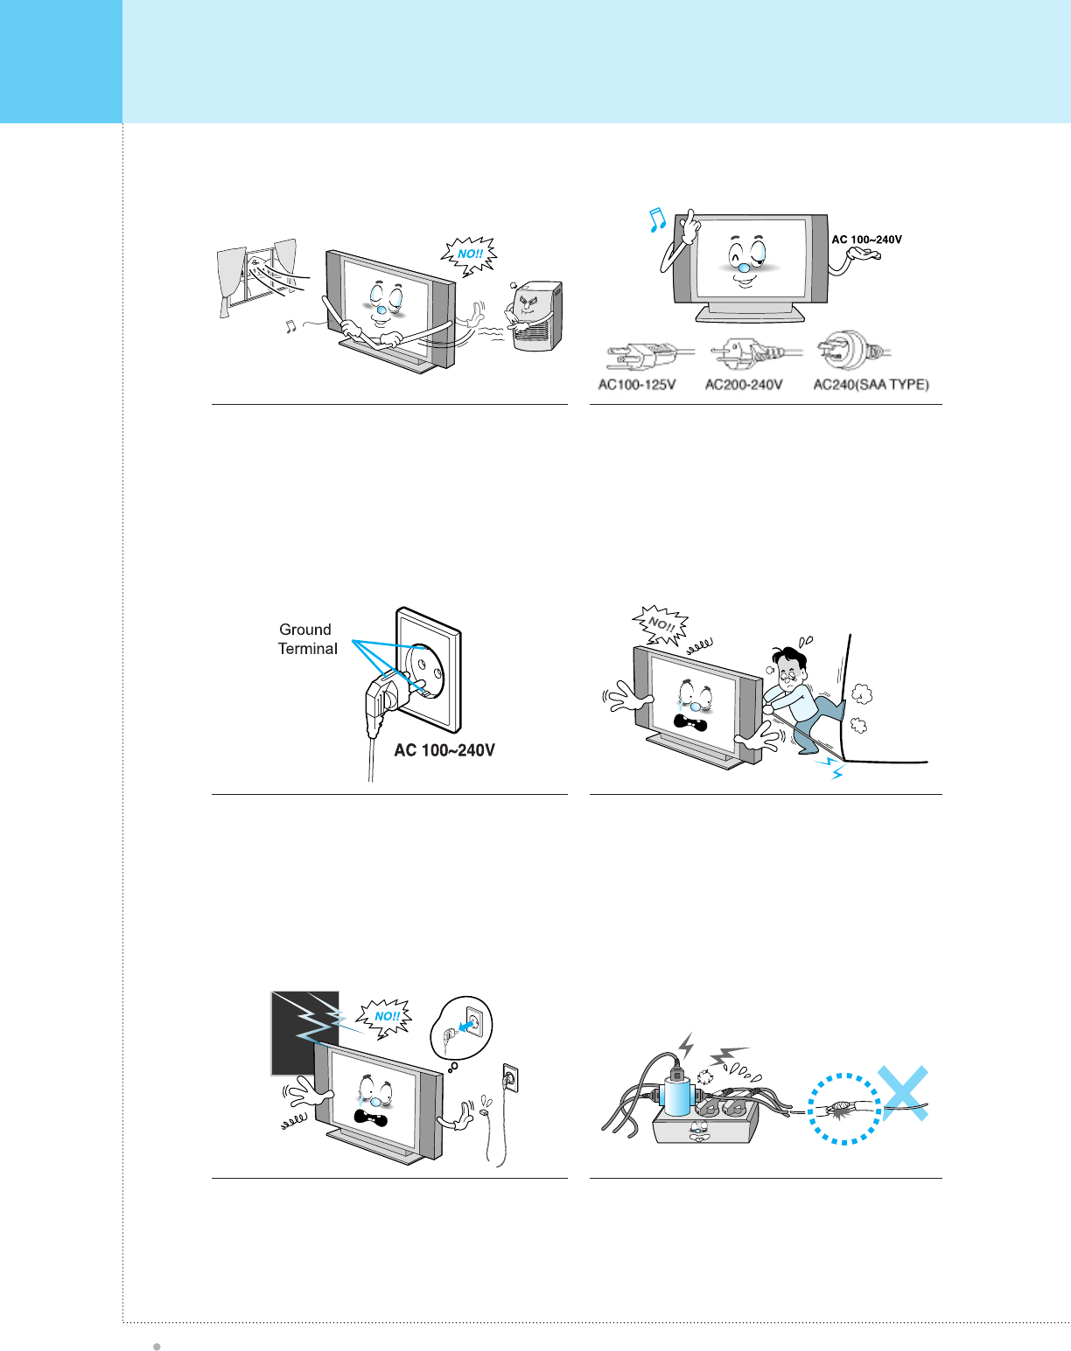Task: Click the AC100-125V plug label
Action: (637, 385)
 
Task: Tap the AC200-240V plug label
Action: (744, 385)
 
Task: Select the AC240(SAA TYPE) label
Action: (871, 385)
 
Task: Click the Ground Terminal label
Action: (307, 639)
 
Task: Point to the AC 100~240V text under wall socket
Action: (444, 750)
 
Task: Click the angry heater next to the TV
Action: (534, 315)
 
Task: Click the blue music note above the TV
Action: (657, 220)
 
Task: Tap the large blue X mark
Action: (903, 1092)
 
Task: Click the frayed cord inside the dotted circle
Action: (843, 1109)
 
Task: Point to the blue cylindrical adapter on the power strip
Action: (677, 1096)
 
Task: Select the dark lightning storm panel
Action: (304, 1032)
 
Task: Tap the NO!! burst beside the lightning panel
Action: (386, 1016)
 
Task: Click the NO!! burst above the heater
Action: (470, 254)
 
